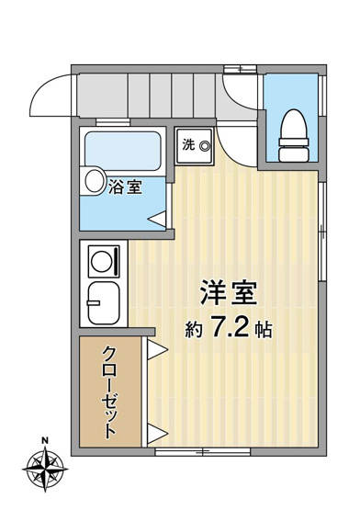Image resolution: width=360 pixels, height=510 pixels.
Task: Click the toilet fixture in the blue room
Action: pyautogui.click(x=292, y=130)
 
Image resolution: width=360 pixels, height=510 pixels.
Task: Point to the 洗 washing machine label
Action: pyautogui.click(x=187, y=144)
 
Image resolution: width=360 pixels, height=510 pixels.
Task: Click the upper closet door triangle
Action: pyautogui.click(x=155, y=348)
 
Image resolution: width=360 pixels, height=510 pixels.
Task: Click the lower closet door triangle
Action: pyautogui.click(x=155, y=433)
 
